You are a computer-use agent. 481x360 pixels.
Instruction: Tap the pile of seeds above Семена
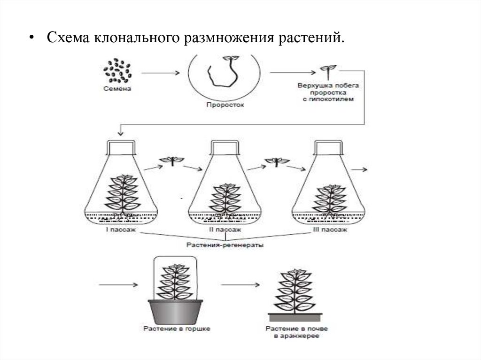[x=117, y=72]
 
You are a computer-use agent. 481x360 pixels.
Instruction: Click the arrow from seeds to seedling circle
[x=160, y=73]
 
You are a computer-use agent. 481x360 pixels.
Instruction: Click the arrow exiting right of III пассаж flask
[x=362, y=168]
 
